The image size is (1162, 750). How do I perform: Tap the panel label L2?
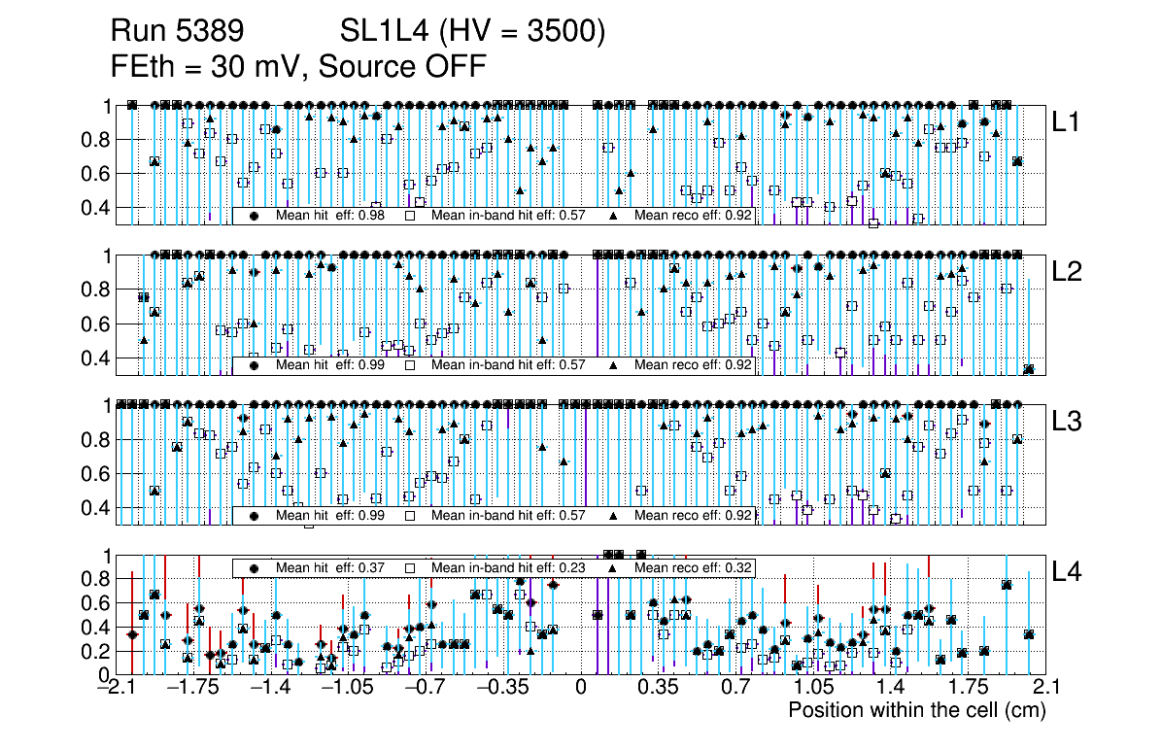pos(1067,271)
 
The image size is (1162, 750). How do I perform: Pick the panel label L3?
pos(1067,421)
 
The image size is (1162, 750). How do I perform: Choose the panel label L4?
pos(1067,570)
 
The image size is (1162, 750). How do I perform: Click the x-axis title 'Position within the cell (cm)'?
pos(916,710)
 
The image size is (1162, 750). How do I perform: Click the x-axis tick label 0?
pos(581,688)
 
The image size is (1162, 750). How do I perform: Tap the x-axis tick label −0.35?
pos(503,688)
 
